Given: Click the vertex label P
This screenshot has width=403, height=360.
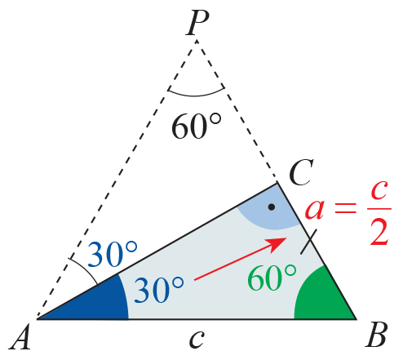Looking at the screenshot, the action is [197, 23].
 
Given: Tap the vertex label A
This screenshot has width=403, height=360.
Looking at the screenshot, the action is [20, 336].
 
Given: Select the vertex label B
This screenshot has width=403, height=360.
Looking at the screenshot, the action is [376, 335].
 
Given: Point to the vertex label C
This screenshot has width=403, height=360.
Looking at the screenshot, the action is [301, 172].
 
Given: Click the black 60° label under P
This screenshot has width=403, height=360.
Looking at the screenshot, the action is [197, 126].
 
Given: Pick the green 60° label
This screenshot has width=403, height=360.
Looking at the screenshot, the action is [272, 277].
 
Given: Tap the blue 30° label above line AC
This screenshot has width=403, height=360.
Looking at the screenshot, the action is [113, 254].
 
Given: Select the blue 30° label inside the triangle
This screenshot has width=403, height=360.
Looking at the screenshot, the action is [158, 289].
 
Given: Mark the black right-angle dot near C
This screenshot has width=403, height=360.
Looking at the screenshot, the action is [272, 207].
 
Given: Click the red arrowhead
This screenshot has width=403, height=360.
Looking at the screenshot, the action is [277, 242].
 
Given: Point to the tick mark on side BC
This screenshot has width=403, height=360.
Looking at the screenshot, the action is [308, 242].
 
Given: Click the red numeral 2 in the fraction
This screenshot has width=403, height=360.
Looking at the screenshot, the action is [379, 232].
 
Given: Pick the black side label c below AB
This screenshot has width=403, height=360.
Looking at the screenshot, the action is [197, 340].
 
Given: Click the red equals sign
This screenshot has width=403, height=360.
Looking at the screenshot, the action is [345, 208].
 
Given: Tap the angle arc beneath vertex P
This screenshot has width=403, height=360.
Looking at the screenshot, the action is [196, 95].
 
